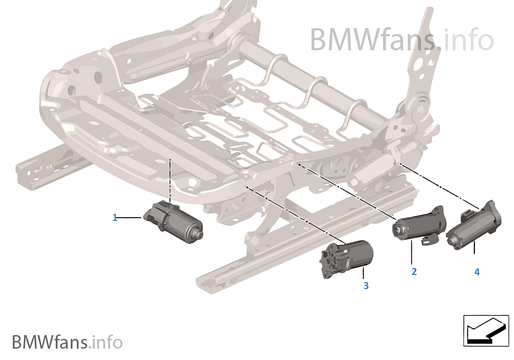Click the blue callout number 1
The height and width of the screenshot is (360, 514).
pos(115,218)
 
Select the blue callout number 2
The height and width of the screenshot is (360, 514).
pos(414,271)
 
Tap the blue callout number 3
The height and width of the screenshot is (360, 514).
pos(366,286)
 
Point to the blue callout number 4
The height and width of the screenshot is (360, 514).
pos(477,272)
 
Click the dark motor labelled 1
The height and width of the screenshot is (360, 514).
pos(174,222)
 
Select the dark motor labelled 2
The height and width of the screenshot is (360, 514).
pos(420,226)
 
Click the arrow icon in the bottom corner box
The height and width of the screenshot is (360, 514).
pos(486,331)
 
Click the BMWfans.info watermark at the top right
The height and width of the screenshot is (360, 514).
pos(401,40)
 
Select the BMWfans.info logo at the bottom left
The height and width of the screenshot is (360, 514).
pos(67,342)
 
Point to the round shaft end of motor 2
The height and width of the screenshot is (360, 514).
pos(398,230)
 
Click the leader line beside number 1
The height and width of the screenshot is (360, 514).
pos(129,218)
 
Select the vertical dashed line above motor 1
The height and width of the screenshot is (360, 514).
pos(170,181)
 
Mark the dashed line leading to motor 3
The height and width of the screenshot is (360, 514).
pos(295,215)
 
